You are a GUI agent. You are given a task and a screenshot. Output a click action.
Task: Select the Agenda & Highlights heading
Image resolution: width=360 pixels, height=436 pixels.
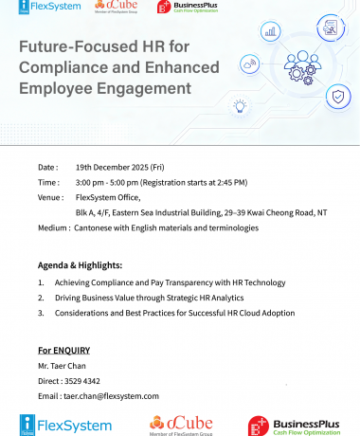click(x=81, y=264)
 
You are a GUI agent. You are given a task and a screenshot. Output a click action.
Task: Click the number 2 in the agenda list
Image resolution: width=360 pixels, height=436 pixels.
click(x=41, y=297)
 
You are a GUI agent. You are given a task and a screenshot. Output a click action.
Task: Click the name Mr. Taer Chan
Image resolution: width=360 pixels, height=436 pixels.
click(x=63, y=366)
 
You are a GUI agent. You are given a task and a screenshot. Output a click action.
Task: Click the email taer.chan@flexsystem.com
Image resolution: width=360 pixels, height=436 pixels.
click(x=111, y=395)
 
